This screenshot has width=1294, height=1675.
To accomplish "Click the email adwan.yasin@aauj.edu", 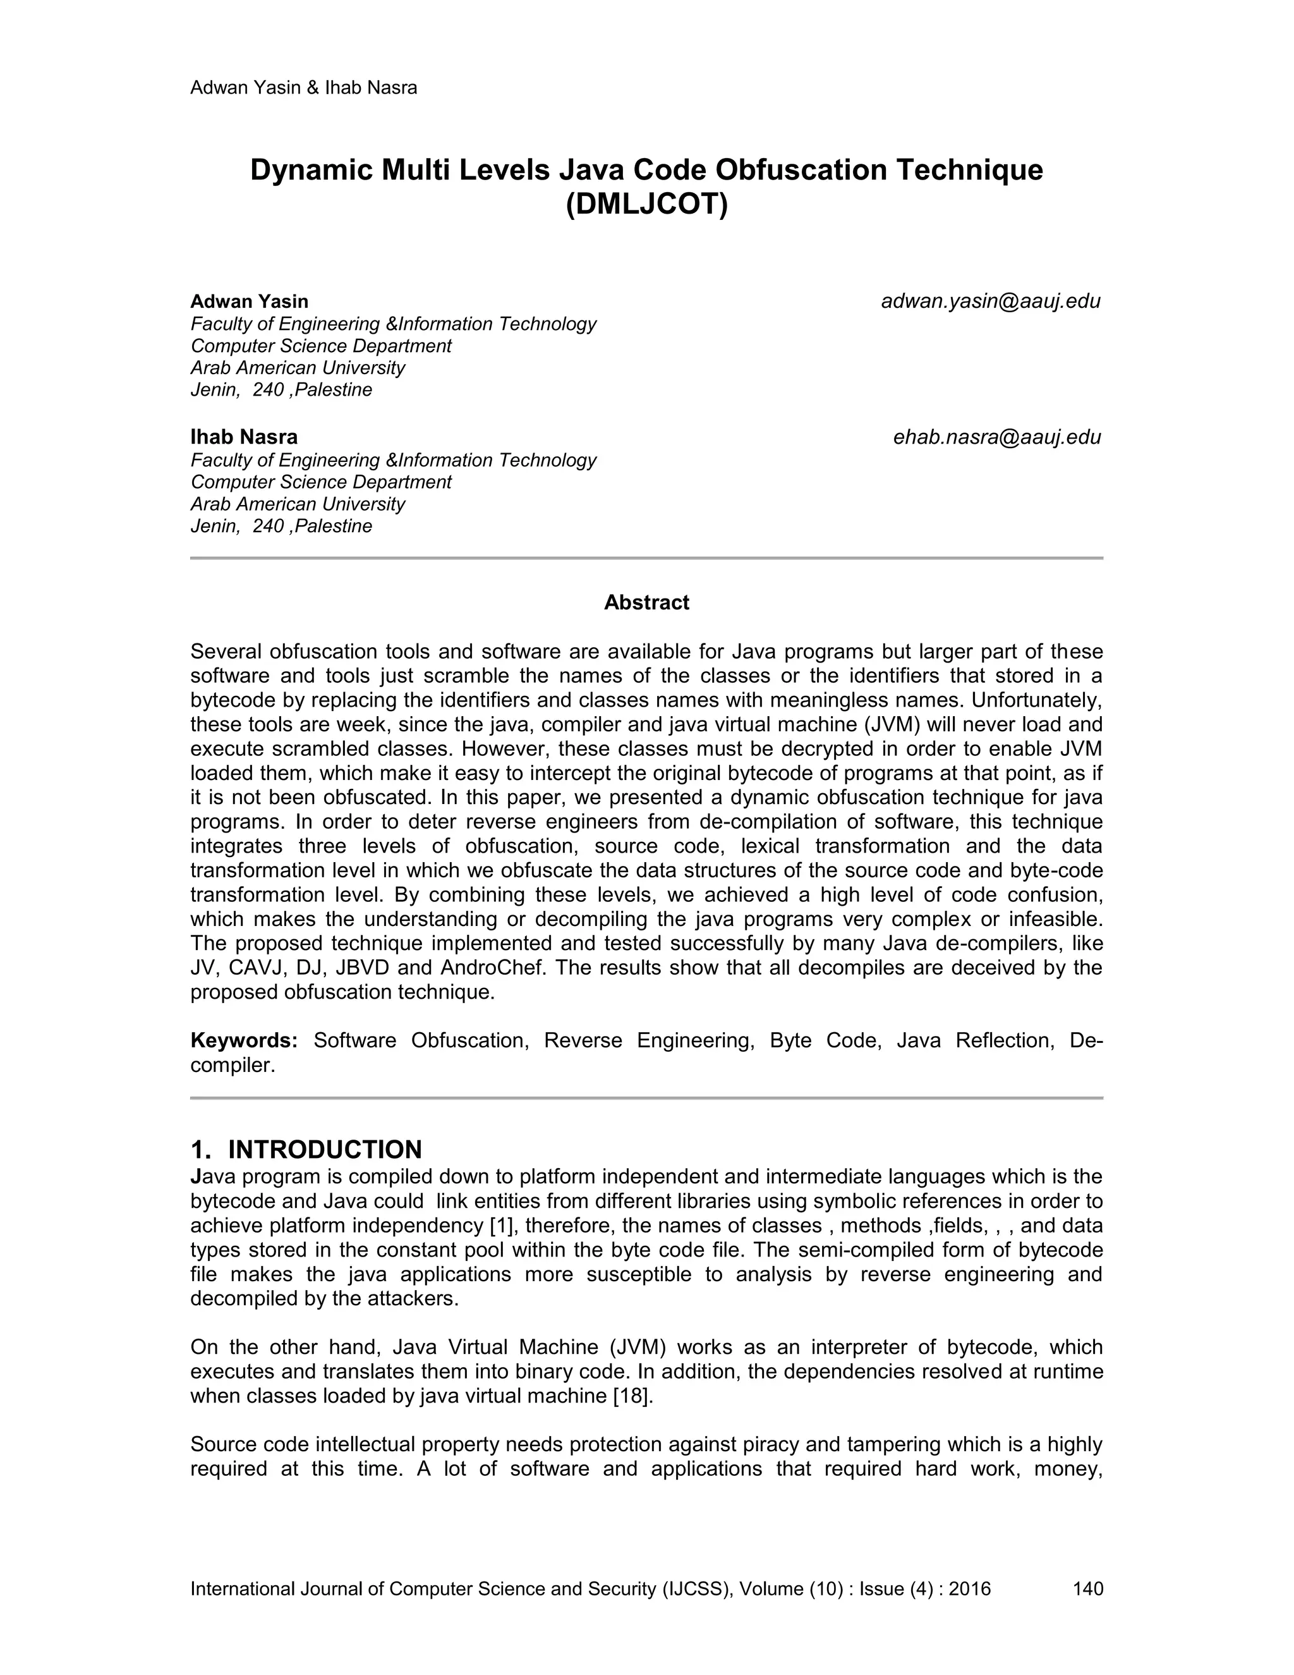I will point(991,301).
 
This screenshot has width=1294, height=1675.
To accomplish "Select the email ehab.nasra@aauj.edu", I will point(996,437).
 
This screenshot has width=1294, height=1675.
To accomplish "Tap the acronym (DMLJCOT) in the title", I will point(646,205).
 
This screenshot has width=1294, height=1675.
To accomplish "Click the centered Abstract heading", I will point(646,603).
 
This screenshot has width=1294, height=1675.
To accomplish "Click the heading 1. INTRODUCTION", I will point(306,1150).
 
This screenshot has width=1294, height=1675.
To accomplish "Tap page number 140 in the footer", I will point(1088,1588).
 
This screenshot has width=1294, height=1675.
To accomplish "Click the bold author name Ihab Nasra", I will point(244,437).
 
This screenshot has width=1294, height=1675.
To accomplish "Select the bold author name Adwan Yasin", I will point(249,301).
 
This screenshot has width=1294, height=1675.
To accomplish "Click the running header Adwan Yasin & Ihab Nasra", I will point(303,87).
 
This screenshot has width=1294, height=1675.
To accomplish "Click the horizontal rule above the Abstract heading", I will point(646,558).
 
